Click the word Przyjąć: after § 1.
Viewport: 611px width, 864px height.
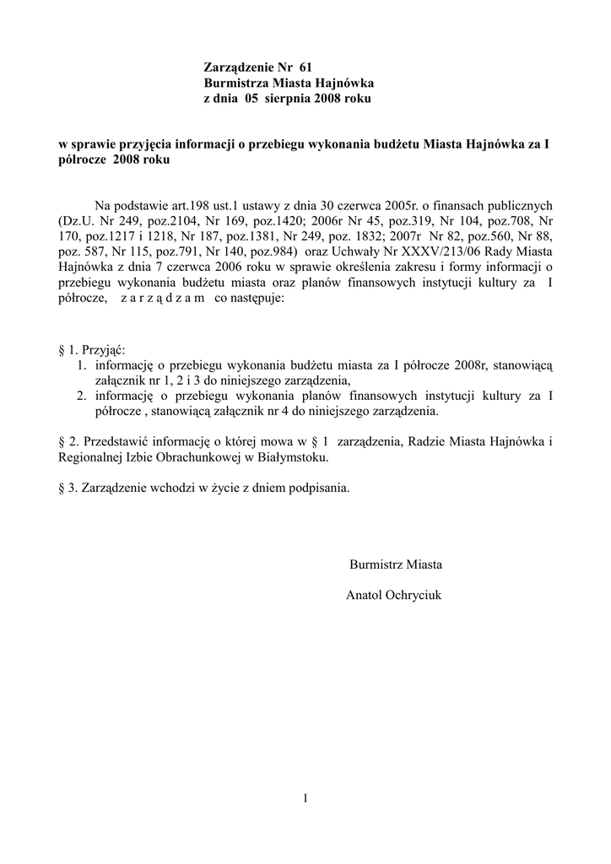click(x=104, y=350)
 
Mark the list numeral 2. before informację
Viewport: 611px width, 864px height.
click(x=81, y=395)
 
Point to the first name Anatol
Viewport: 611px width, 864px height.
click(x=364, y=595)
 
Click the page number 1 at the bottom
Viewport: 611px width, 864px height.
click(x=305, y=798)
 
